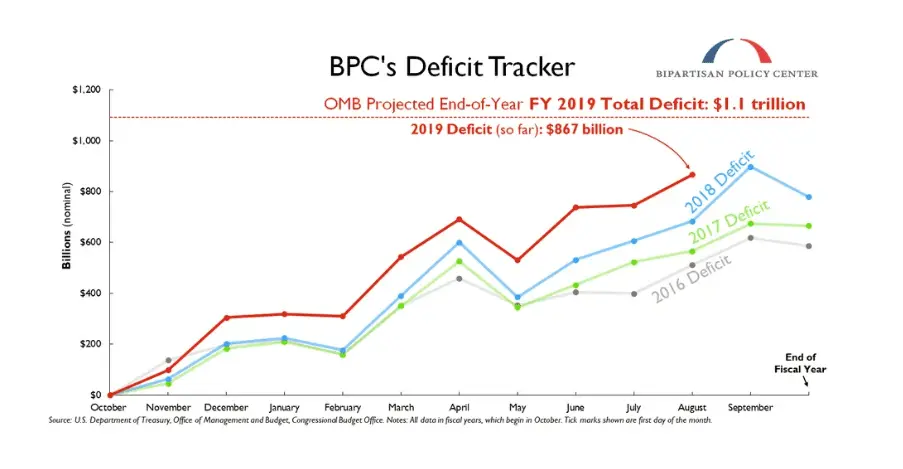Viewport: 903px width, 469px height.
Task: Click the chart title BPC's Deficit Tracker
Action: (452, 66)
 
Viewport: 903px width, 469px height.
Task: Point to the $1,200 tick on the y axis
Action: (87, 90)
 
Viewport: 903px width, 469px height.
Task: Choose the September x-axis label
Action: (751, 408)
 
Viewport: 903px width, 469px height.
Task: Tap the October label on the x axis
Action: (109, 408)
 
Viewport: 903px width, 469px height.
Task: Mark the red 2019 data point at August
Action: (692, 175)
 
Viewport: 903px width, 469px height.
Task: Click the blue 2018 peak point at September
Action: (751, 167)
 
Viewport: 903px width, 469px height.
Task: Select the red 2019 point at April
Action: (459, 219)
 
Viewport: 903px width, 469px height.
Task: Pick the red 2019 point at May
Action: (517, 260)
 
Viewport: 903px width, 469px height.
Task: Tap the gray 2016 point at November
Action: (168, 360)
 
